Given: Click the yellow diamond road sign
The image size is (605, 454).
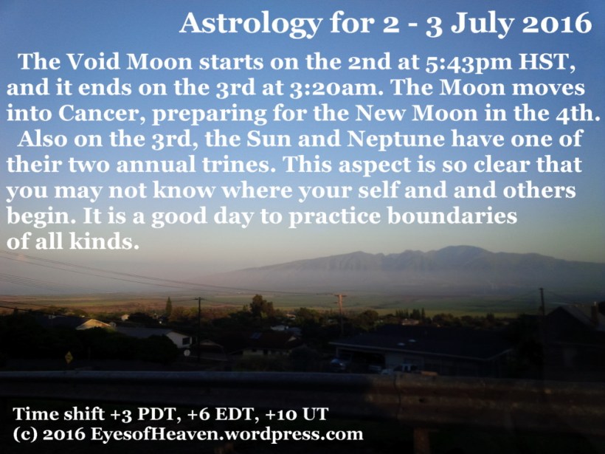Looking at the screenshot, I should (x=69, y=357).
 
